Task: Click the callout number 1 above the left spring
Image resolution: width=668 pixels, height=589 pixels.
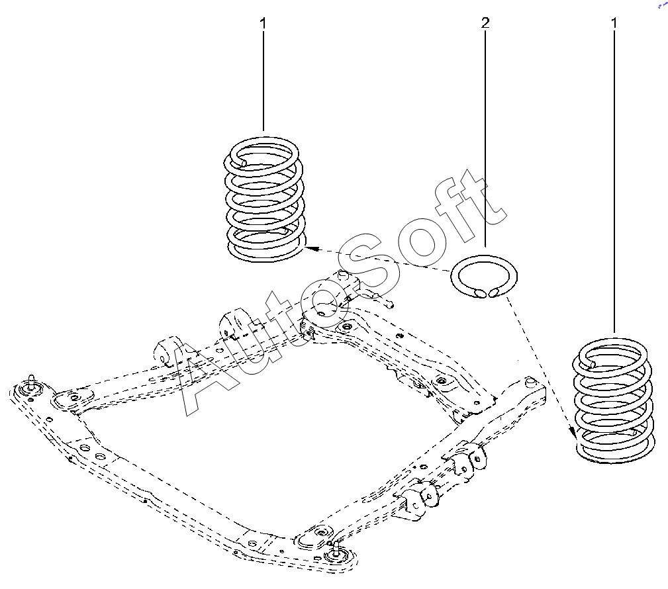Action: click(263, 23)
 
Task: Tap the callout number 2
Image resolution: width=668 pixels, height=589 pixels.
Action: click(485, 23)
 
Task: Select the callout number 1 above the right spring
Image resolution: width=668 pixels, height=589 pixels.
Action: click(614, 23)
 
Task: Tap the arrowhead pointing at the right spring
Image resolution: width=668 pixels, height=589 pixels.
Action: click(573, 433)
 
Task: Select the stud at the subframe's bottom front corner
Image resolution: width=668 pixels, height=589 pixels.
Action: click(336, 547)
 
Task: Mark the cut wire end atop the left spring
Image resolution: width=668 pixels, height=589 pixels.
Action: click(242, 161)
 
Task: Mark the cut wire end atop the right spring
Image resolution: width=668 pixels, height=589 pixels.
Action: click(591, 363)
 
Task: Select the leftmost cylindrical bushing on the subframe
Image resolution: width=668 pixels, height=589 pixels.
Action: click(164, 353)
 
